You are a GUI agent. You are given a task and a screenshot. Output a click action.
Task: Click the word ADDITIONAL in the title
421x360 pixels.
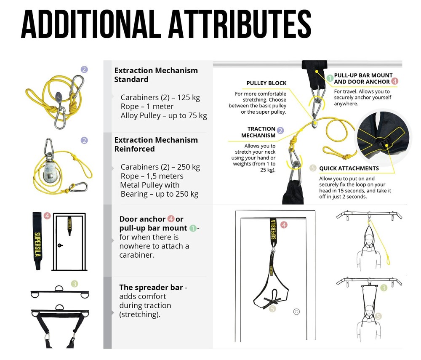(x=91, y=24)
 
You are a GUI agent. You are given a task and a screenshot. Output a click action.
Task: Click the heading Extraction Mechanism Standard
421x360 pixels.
(x=156, y=75)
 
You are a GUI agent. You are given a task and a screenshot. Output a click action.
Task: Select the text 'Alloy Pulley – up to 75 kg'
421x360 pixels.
(x=164, y=116)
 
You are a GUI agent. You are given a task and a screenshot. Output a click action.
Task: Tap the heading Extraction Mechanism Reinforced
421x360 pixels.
(x=156, y=144)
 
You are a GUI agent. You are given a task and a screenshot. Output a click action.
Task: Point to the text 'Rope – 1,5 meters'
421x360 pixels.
(x=152, y=176)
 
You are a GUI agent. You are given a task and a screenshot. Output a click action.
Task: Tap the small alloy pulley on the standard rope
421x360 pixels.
(x=59, y=96)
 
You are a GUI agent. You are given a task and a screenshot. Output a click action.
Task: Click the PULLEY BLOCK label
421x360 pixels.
(x=266, y=83)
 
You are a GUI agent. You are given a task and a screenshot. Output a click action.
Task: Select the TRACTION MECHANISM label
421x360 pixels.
(x=258, y=132)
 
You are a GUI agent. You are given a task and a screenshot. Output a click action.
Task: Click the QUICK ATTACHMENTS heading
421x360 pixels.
(x=349, y=168)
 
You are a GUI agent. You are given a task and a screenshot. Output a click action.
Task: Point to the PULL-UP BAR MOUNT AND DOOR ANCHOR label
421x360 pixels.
(x=363, y=78)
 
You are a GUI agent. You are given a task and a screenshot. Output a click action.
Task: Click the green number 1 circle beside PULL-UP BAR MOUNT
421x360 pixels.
(x=330, y=78)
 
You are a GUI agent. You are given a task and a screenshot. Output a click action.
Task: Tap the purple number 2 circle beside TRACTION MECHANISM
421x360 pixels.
(x=280, y=130)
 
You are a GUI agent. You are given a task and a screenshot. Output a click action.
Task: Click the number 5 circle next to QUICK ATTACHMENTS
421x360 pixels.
(x=313, y=168)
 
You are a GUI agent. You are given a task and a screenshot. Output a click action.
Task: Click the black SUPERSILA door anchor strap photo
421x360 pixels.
(x=37, y=241)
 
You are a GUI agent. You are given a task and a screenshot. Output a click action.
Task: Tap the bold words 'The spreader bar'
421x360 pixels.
(x=151, y=287)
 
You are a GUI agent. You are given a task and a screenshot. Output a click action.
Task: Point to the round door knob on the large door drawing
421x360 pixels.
(x=296, y=312)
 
